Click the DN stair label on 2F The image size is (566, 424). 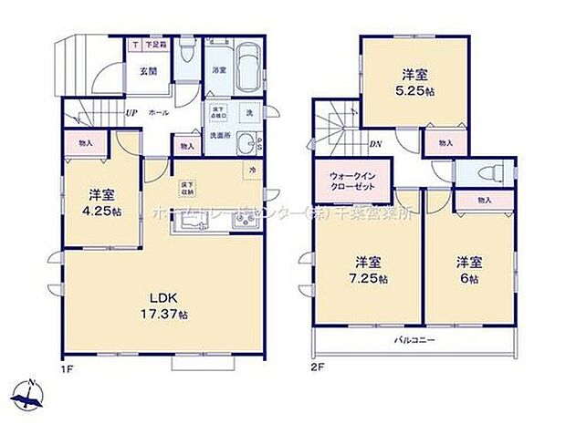[375, 144]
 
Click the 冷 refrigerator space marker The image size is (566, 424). [250, 172]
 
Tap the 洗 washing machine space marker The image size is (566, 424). [251, 113]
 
